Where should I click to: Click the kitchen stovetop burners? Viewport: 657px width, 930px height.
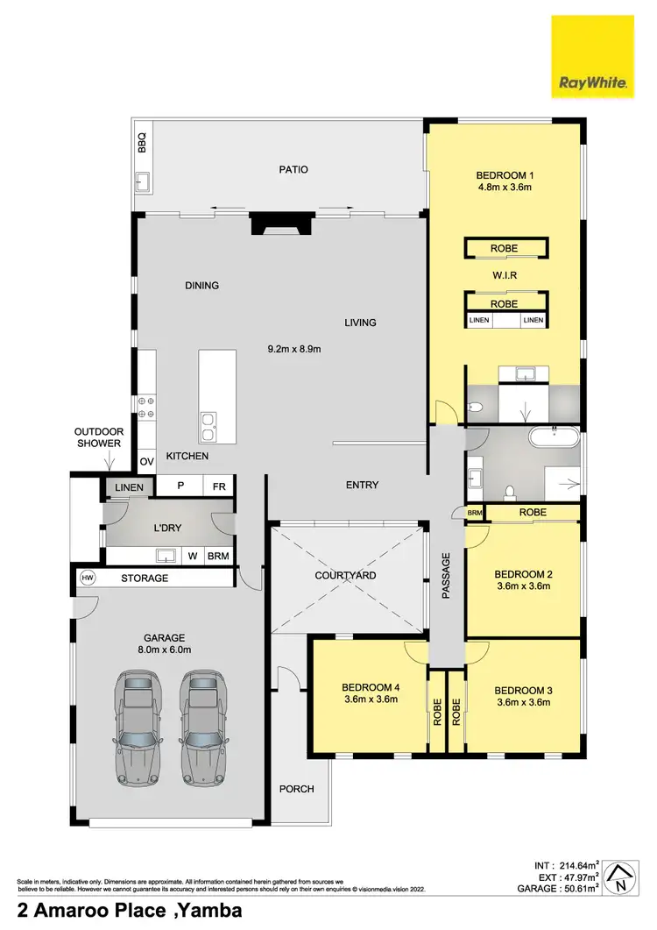[x=146, y=408]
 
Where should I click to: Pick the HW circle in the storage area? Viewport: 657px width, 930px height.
[x=87, y=579]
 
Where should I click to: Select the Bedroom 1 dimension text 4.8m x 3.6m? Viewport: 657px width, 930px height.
[x=504, y=187]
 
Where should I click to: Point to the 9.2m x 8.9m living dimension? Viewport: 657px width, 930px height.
[x=294, y=349]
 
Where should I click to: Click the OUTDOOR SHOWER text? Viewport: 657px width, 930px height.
[x=98, y=438]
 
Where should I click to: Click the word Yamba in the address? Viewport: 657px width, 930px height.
[x=211, y=912]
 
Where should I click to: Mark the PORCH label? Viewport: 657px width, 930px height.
[x=296, y=789]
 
